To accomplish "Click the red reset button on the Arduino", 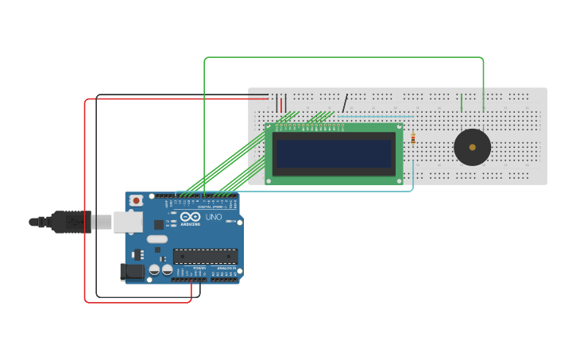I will tap(136, 200).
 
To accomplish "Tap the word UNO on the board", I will tap(214, 217).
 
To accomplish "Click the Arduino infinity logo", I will tap(190, 216).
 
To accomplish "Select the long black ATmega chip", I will tap(205, 257).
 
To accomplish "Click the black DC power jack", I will tap(133, 272).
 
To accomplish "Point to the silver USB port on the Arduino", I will tap(127, 222).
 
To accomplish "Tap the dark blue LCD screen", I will tap(334, 153).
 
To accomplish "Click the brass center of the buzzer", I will tap(472, 147).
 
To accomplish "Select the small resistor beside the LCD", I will tap(413, 138).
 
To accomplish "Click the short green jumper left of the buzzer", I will tap(462, 103).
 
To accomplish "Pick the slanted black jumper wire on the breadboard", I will tap(345, 103).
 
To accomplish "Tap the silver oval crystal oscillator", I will tap(157, 239).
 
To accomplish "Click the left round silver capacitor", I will tap(154, 269).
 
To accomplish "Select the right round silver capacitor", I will tap(167, 269).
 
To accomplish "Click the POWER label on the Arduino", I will tap(199, 269).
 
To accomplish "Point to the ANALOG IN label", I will tap(226, 269).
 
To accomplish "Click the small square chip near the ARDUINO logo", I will tap(159, 225).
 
